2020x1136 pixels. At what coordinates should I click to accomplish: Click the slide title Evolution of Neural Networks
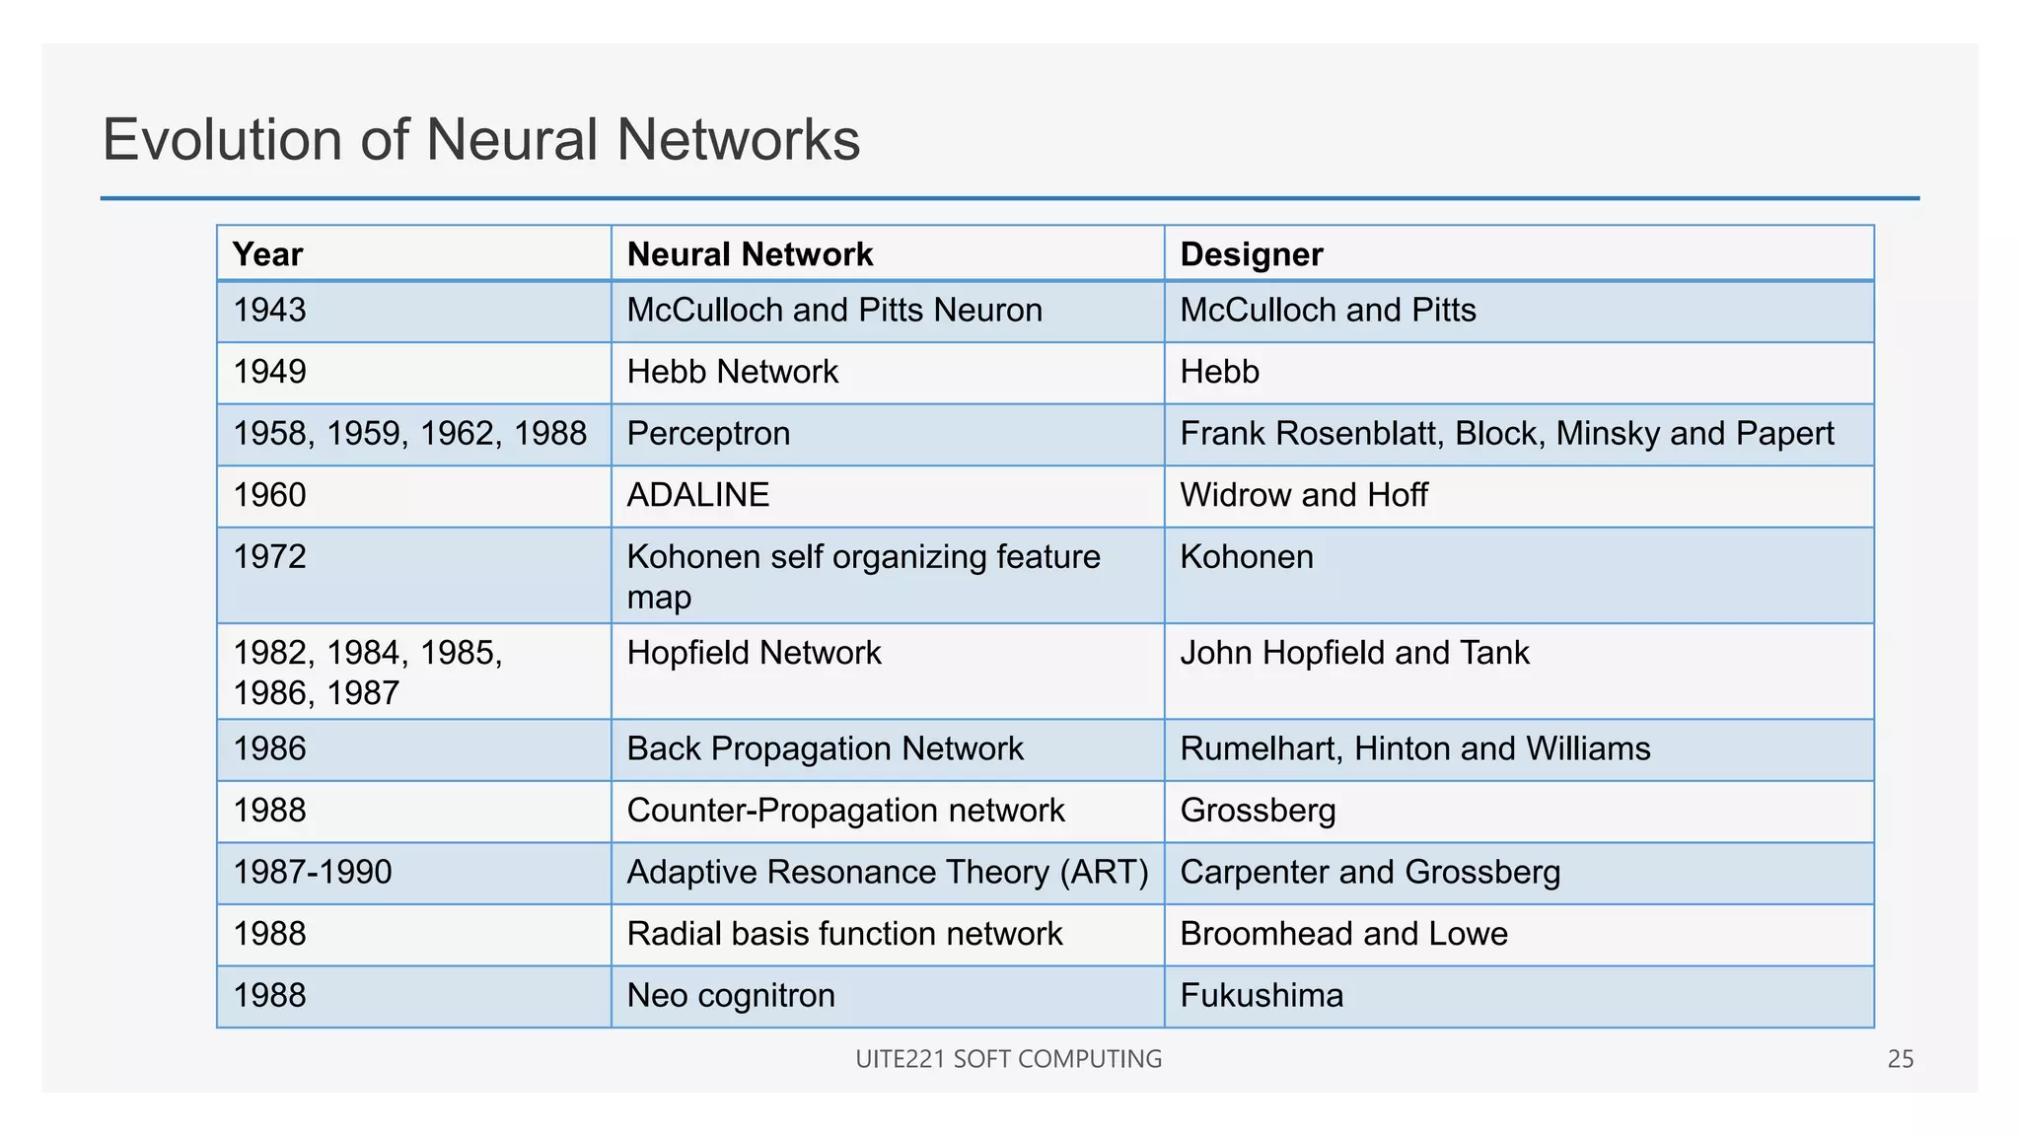click(x=481, y=139)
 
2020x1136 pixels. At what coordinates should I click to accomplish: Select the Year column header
click(x=268, y=254)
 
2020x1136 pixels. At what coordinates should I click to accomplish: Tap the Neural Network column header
click(x=750, y=254)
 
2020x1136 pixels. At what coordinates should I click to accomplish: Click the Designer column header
click(x=1251, y=254)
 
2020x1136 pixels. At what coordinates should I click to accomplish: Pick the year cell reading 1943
click(x=270, y=311)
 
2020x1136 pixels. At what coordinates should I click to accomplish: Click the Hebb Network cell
click(x=732, y=372)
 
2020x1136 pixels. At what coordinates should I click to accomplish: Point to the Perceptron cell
click(x=708, y=434)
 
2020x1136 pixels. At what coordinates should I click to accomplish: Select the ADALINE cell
click(x=697, y=495)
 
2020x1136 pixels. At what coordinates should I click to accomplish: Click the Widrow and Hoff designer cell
click(x=1303, y=495)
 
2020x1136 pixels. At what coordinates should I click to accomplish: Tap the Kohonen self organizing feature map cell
click(x=863, y=576)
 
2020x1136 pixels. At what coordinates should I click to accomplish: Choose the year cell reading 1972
click(x=270, y=557)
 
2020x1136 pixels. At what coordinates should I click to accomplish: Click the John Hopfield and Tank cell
click(x=1354, y=653)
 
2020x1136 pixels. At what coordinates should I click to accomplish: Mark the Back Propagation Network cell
click(x=825, y=749)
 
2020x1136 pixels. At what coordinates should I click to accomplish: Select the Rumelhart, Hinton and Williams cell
click(x=1414, y=749)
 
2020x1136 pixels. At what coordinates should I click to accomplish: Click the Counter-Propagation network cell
click(x=845, y=811)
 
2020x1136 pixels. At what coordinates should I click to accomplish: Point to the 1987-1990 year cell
click(x=313, y=873)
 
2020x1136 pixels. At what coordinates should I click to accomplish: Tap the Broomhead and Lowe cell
click(x=1343, y=934)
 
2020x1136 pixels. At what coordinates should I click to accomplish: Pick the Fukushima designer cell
click(x=1262, y=996)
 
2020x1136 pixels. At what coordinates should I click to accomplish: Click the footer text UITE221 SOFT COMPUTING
click(x=1008, y=1059)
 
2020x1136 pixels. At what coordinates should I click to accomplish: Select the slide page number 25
click(x=1900, y=1059)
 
